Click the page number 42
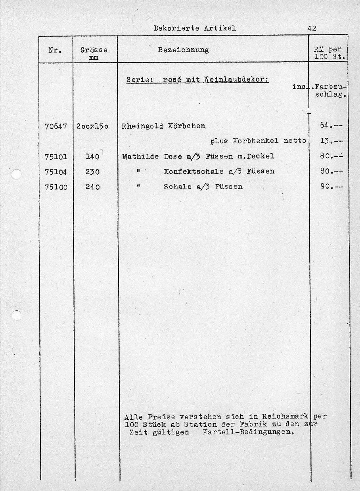point(311,28)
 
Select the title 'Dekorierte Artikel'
point(195,28)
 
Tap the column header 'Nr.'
point(56,50)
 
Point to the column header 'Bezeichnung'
point(183,50)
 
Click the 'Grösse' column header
point(94,50)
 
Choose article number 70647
point(56,126)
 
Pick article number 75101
point(56,156)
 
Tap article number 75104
point(56,172)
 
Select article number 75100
point(56,187)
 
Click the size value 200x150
point(92,126)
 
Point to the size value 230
point(93,172)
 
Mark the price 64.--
point(331,125)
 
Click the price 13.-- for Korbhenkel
point(331,141)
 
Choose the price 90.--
point(331,186)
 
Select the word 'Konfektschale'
point(194,172)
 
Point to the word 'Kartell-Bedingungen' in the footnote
point(248,432)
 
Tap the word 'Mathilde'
point(140,156)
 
